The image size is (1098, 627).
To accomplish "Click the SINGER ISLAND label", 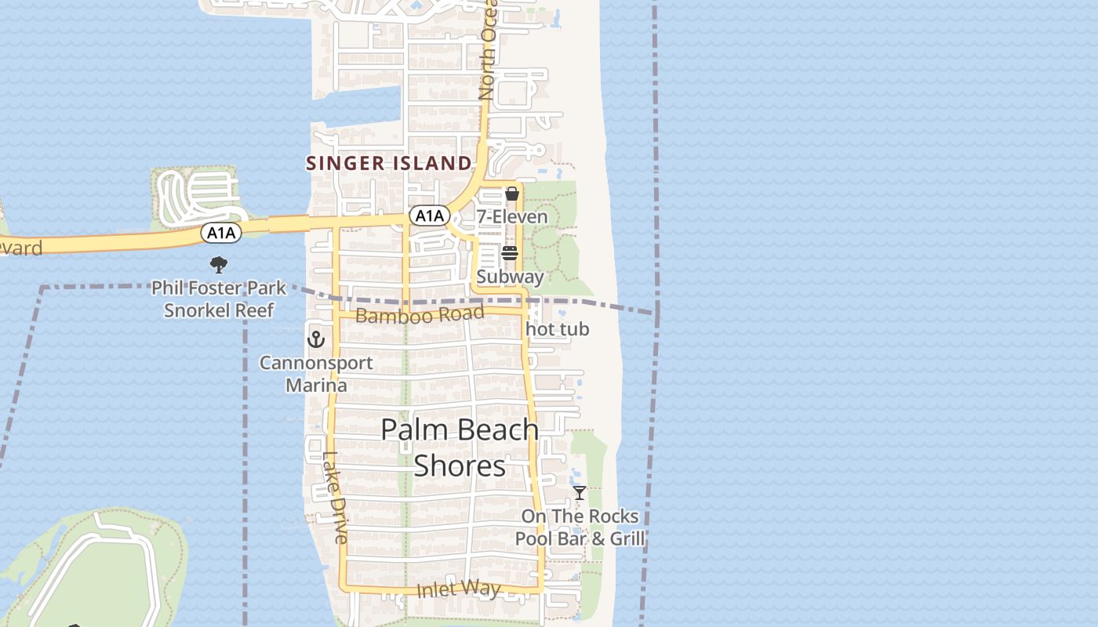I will pos(389,163).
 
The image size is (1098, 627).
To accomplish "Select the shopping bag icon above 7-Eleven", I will pos(512,194).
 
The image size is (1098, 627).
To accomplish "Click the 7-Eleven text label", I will pos(512,216).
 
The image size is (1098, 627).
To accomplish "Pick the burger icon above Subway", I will pos(510,253).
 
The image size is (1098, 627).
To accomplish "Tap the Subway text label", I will pos(510,277).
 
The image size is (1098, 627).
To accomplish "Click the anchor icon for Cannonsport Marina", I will pos(315,339).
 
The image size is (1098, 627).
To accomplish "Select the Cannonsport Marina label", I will pos(316,374).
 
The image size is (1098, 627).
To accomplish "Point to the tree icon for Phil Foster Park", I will pos(219,265).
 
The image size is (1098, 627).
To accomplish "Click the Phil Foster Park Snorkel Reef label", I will pos(219,299).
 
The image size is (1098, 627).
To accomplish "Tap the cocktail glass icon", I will pos(580,493).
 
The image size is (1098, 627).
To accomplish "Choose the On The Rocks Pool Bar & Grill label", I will pos(580,527).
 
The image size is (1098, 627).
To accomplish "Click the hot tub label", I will pos(558,329).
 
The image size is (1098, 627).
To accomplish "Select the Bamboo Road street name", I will pos(420,315).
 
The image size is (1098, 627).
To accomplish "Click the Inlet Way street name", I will pos(458,589).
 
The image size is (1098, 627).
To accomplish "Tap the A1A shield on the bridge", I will pos(221,233).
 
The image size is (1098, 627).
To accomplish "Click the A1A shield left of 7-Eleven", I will pos(429,216).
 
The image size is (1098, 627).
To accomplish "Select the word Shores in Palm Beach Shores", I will pos(460,466).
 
